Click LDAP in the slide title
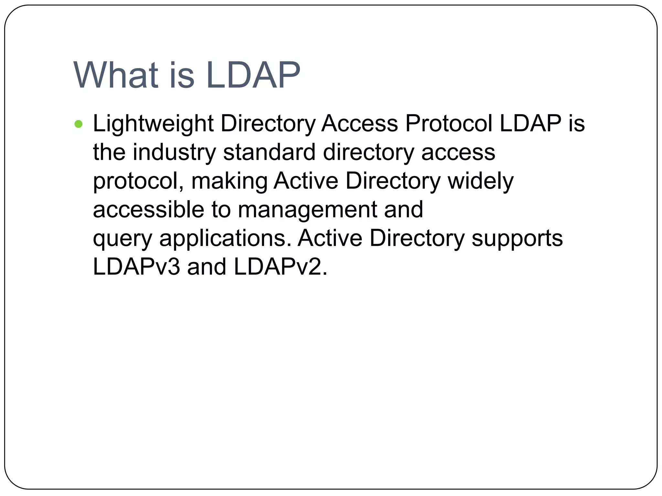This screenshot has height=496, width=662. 253,75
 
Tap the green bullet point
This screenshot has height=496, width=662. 78,124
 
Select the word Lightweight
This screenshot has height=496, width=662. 153,124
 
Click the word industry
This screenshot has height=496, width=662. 174,152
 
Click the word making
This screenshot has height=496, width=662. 229,181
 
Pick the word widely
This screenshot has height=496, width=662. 480,181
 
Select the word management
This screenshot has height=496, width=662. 307,210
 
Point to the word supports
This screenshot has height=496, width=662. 517,239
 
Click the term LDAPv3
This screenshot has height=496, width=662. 136,267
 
